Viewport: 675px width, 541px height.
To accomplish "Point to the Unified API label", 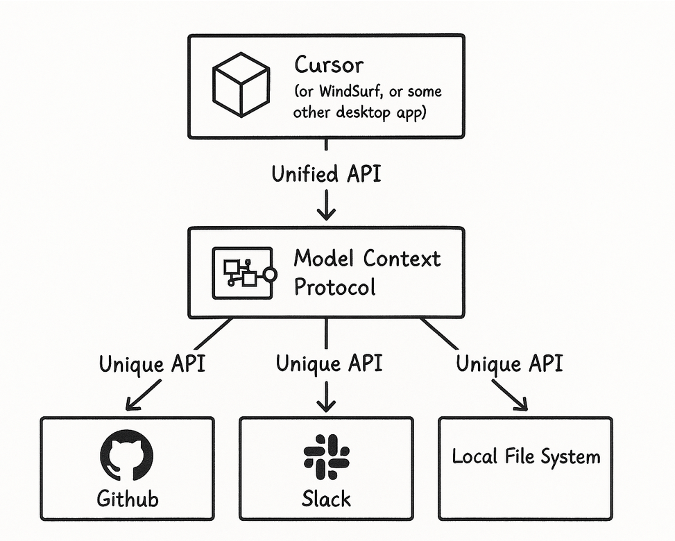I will tap(325, 173).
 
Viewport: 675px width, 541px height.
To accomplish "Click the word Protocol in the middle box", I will tap(334, 286).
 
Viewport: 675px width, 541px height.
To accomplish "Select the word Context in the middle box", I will tap(402, 259).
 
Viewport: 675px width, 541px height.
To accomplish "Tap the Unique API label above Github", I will tap(152, 363).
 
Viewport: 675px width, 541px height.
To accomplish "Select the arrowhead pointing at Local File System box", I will tap(520, 405).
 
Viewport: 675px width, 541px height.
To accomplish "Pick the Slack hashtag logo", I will tap(326, 458).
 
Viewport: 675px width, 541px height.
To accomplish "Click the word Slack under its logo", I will tap(326, 498).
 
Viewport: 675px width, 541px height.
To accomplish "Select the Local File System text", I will tap(526, 457).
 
